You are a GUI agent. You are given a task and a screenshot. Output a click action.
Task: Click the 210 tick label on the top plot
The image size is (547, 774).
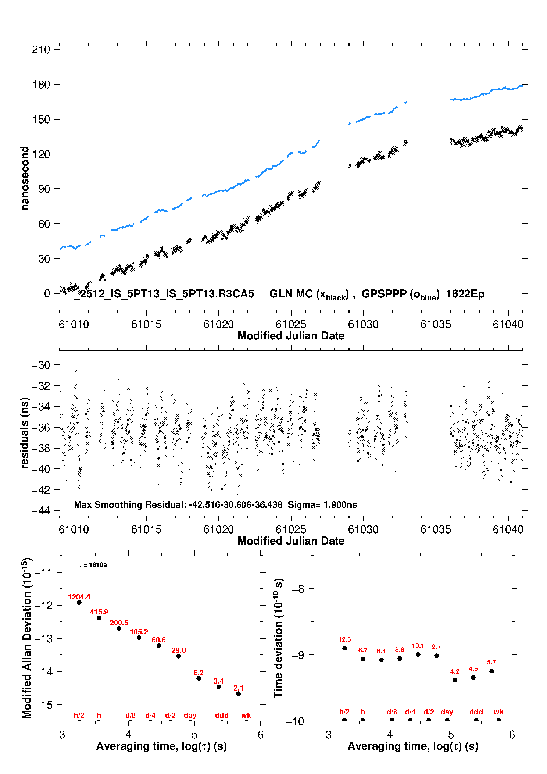coord(41,50)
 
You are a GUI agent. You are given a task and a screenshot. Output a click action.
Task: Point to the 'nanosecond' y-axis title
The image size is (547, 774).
coord(25,178)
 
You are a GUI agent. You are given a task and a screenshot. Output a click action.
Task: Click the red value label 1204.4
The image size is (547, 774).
coord(79,597)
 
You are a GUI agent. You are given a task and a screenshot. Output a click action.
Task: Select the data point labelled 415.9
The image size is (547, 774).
coord(99,618)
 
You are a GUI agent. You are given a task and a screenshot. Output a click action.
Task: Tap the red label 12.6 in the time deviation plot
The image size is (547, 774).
coord(344,639)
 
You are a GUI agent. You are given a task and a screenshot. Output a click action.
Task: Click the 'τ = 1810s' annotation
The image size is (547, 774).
coord(93,565)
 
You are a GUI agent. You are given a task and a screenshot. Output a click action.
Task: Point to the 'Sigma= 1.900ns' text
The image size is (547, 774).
coord(322,504)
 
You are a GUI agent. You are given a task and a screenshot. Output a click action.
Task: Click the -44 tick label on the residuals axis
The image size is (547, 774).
coord(41,511)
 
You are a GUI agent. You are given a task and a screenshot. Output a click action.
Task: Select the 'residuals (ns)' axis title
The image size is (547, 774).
coord(25,433)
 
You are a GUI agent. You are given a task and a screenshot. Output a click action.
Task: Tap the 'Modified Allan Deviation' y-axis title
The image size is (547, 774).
coord(27,638)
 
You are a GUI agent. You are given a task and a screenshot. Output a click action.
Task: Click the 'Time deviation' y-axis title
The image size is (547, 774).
coord(278,638)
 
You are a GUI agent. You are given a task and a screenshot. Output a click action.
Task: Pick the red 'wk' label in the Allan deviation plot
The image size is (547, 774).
coord(246,715)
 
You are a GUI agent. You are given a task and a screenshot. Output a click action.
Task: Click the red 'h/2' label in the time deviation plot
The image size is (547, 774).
coord(344,712)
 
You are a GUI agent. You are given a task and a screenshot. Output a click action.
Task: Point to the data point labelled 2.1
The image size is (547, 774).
coord(239,693)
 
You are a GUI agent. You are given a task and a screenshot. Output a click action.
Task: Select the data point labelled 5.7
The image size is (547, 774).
coord(491,671)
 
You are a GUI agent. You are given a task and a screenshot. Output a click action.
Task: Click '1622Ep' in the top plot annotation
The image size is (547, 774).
coord(465,294)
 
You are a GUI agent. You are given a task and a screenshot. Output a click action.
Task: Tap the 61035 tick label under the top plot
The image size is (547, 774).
coord(436,324)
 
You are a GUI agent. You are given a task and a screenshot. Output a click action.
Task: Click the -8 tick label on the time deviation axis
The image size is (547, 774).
coord(298,589)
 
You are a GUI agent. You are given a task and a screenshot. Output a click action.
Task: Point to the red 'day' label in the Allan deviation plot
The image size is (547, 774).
coord(190,715)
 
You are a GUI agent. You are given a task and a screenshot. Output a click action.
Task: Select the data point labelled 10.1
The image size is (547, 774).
coord(418,654)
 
